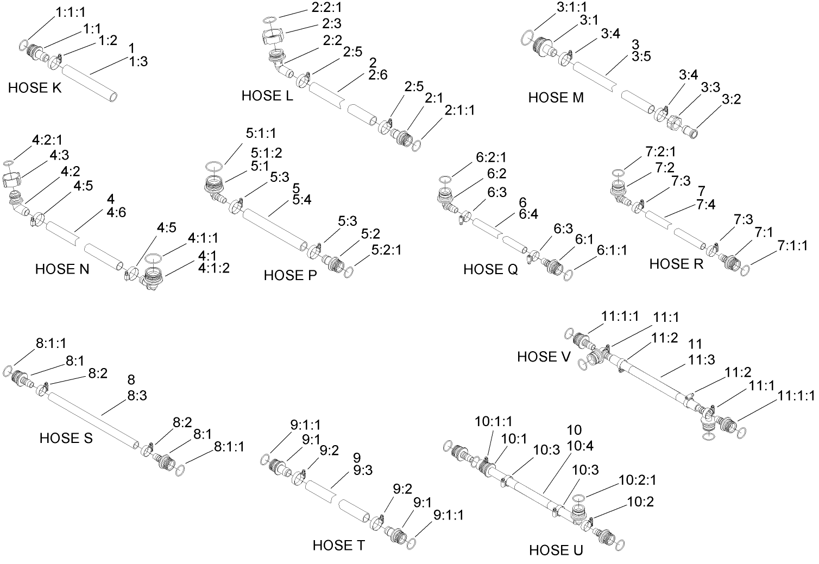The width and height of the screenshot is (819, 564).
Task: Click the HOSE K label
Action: click(35, 88)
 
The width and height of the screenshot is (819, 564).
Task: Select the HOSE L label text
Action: click(267, 96)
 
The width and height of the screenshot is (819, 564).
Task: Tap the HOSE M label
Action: click(556, 98)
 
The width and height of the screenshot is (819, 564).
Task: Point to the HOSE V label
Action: click(544, 357)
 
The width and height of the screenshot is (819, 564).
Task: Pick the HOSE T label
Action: click(339, 545)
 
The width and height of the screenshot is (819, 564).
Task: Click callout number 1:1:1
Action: click(70, 11)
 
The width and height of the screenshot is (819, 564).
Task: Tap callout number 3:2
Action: click(731, 99)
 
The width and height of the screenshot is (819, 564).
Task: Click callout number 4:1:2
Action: click(213, 268)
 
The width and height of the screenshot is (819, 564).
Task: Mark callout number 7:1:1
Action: click(792, 246)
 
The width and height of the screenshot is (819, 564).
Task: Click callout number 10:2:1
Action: click(638, 480)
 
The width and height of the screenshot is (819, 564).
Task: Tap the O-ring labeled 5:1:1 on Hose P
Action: click(213, 166)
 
